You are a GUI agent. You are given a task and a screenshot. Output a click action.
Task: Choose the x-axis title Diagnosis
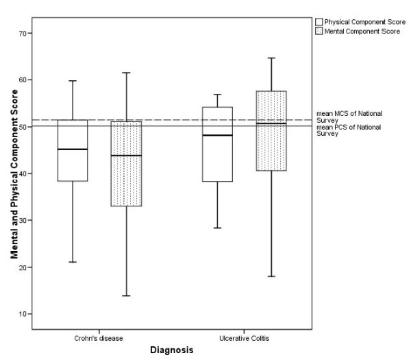pos(171,350)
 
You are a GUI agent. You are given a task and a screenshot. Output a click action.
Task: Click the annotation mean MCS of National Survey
pos(353,116)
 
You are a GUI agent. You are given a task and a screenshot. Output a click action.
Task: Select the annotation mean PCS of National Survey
pos(353,130)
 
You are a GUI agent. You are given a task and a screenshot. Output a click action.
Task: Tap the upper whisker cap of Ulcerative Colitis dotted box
pos(271,58)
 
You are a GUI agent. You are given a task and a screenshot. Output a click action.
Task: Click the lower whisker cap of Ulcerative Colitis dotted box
pos(271,276)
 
